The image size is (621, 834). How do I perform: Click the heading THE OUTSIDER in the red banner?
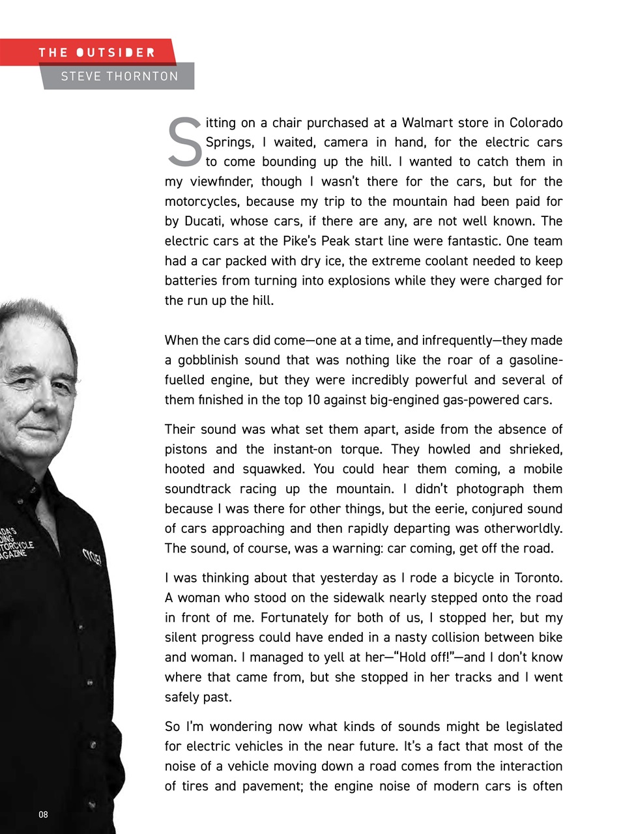pos(96,52)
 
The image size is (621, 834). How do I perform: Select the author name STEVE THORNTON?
pos(119,76)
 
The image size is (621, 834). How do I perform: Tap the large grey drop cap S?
pos(185,141)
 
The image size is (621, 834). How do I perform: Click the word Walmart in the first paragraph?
pos(427,122)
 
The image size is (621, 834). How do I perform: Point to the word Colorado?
pos(536,122)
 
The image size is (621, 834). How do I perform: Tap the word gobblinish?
pos(228,360)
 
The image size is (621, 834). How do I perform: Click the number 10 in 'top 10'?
pos(313,400)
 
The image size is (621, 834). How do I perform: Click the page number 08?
pos(43,814)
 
